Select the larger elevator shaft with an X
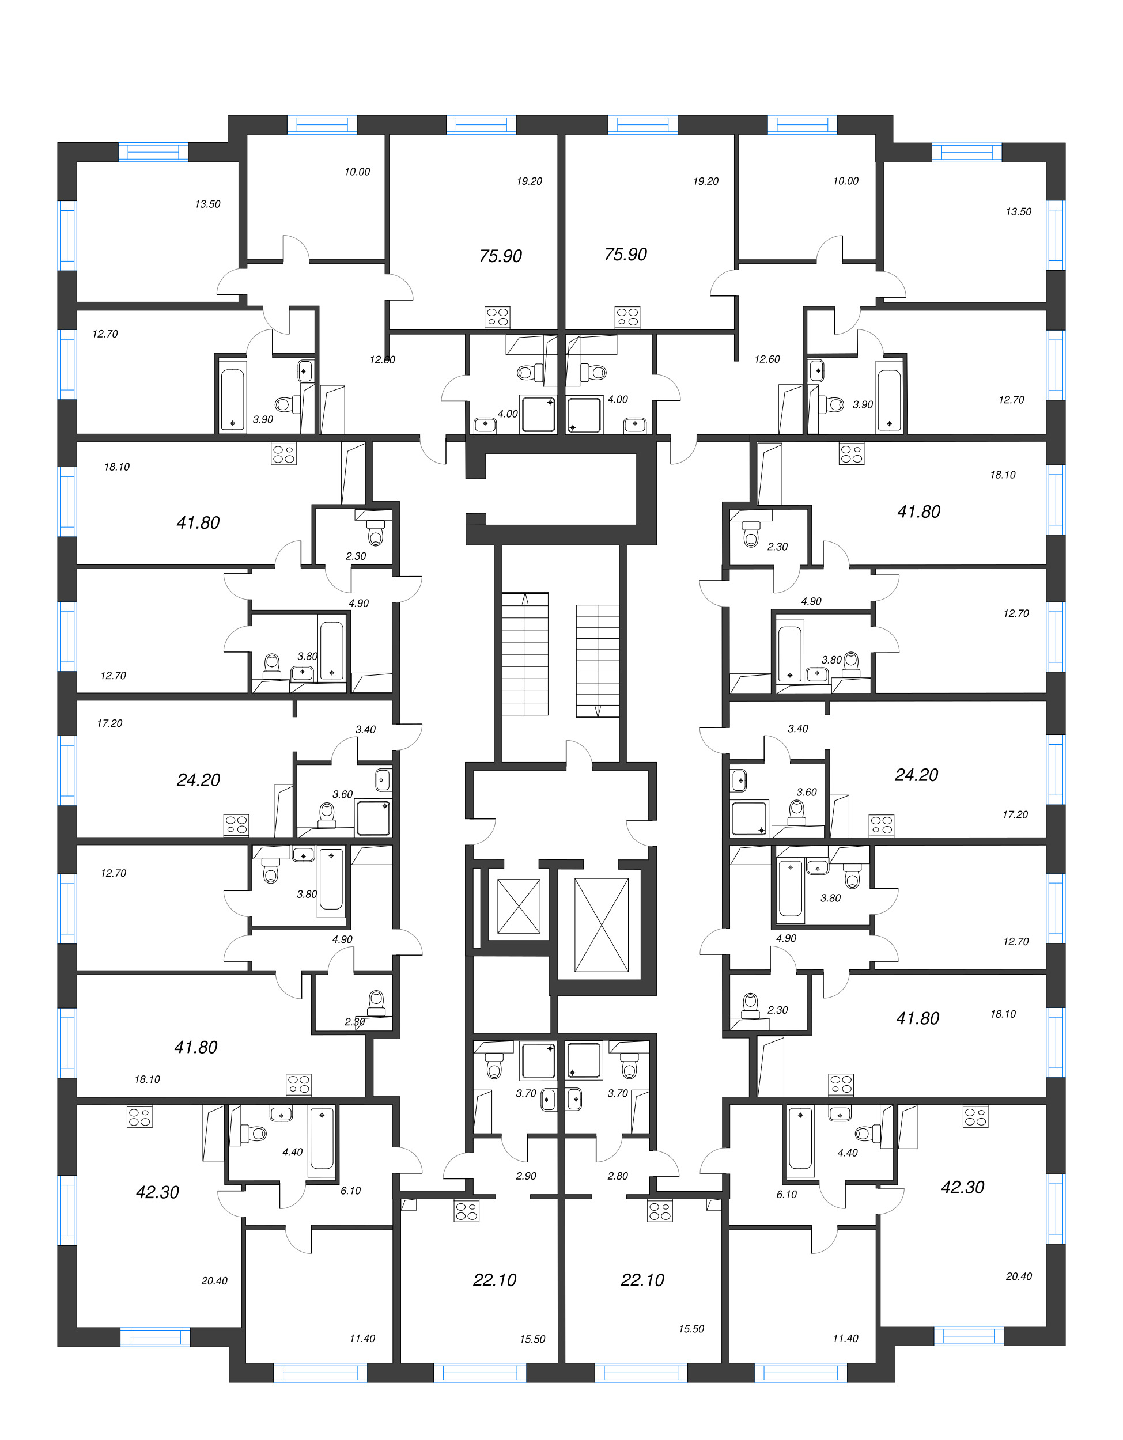pyautogui.click(x=601, y=925)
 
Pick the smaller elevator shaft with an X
pyautogui.click(x=519, y=907)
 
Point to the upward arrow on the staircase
pyautogui.click(x=525, y=598)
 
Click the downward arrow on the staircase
pyautogui.click(x=598, y=711)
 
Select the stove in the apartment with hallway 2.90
pyautogui.click(x=466, y=1212)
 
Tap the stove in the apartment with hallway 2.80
pyautogui.click(x=659, y=1212)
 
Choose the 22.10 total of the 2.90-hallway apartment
pyautogui.click(x=494, y=1280)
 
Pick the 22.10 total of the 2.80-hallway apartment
pyautogui.click(x=642, y=1280)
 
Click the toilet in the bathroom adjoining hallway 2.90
pyautogui.click(x=494, y=1066)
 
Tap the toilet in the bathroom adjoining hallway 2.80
pyautogui.click(x=630, y=1066)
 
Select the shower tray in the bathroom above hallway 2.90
pyautogui.click(x=538, y=1061)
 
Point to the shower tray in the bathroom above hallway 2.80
pyautogui.click(x=584, y=1061)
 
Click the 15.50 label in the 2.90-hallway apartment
pyautogui.click(x=532, y=1339)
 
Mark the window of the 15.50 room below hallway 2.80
pyautogui.click(x=640, y=1373)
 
